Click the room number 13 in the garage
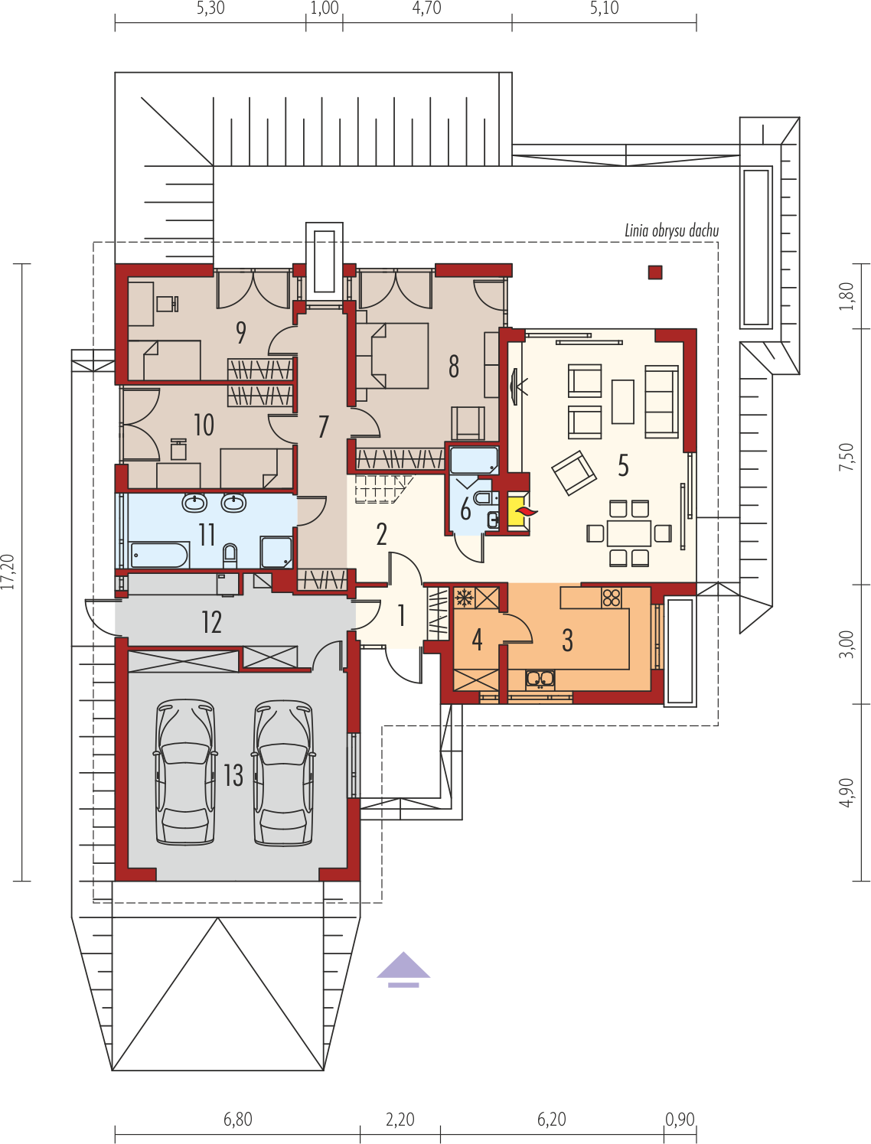233,775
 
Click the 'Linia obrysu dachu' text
671,230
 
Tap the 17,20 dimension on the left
8,572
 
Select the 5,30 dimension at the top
210,8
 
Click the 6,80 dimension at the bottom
238,1119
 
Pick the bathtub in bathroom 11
159,555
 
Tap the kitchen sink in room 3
540,679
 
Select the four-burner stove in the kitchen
611,598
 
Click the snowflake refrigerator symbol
463,598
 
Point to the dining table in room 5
629,533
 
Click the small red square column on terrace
655,272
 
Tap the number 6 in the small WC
465,509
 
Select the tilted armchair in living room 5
574,473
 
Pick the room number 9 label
241,332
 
